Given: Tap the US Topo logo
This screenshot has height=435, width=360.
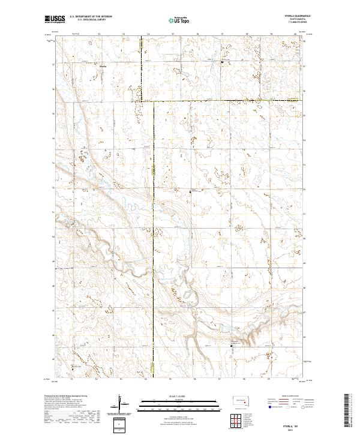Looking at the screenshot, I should point(181,20).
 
